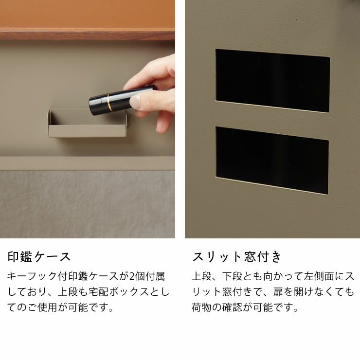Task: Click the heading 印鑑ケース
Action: (x=39, y=257)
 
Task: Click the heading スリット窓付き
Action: (x=237, y=257)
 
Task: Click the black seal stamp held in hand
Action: (x=122, y=100)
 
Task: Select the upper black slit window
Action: (x=272, y=81)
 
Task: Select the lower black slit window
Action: (x=272, y=160)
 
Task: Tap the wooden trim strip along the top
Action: (x=87, y=35)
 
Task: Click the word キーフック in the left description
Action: (x=32, y=276)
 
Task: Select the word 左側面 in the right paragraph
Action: (x=319, y=276)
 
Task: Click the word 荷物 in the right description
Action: (x=201, y=307)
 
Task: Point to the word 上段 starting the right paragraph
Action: (x=201, y=276)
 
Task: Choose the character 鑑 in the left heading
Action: (x=26, y=257)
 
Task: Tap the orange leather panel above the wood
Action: (x=87, y=14)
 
